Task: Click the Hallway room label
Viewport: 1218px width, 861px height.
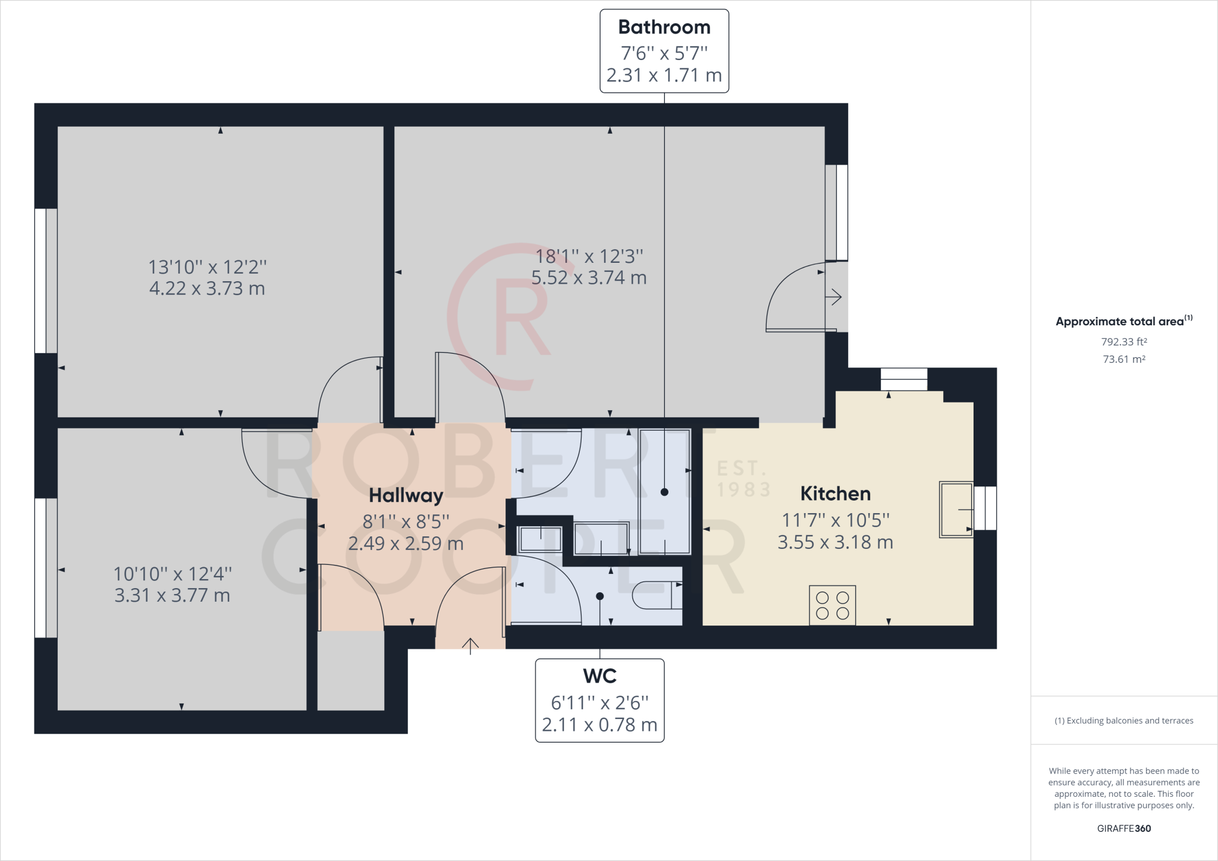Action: pos(406,495)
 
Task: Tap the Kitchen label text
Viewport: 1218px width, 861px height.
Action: pos(835,494)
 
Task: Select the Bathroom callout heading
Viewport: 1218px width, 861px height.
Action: pos(664,27)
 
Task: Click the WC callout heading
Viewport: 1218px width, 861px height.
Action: pos(599,676)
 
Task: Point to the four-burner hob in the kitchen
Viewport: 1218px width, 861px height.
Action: pos(832,605)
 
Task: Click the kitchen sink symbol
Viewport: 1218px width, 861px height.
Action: pos(956,510)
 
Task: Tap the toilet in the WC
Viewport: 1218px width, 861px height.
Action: pos(657,595)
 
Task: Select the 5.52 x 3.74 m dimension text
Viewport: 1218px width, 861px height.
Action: pos(589,278)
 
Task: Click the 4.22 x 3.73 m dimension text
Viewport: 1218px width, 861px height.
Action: pos(207,288)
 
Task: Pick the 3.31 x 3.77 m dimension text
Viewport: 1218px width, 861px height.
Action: pos(172,595)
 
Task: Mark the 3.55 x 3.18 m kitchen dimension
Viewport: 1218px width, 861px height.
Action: pos(835,542)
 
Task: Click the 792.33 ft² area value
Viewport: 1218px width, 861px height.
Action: pos(1124,342)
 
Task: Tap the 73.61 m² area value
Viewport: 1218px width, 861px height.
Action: pos(1124,359)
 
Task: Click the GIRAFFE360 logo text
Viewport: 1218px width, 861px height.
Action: pos(1124,828)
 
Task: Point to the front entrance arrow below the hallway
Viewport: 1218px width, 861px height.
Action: pos(470,646)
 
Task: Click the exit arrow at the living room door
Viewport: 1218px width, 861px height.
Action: pos(834,296)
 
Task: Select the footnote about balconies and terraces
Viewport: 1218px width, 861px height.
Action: pos(1124,721)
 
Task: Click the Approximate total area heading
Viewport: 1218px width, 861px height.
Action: pos(1124,321)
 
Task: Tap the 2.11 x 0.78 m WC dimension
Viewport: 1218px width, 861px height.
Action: pos(599,725)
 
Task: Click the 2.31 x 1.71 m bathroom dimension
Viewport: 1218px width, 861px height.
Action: pos(664,76)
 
